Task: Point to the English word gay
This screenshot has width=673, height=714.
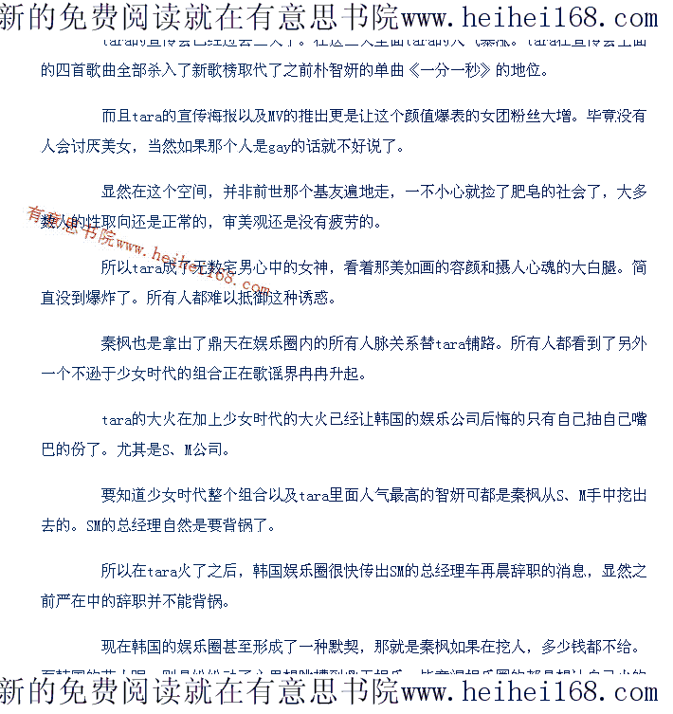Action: click(x=282, y=146)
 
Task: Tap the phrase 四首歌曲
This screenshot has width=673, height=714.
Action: click(x=88, y=71)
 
